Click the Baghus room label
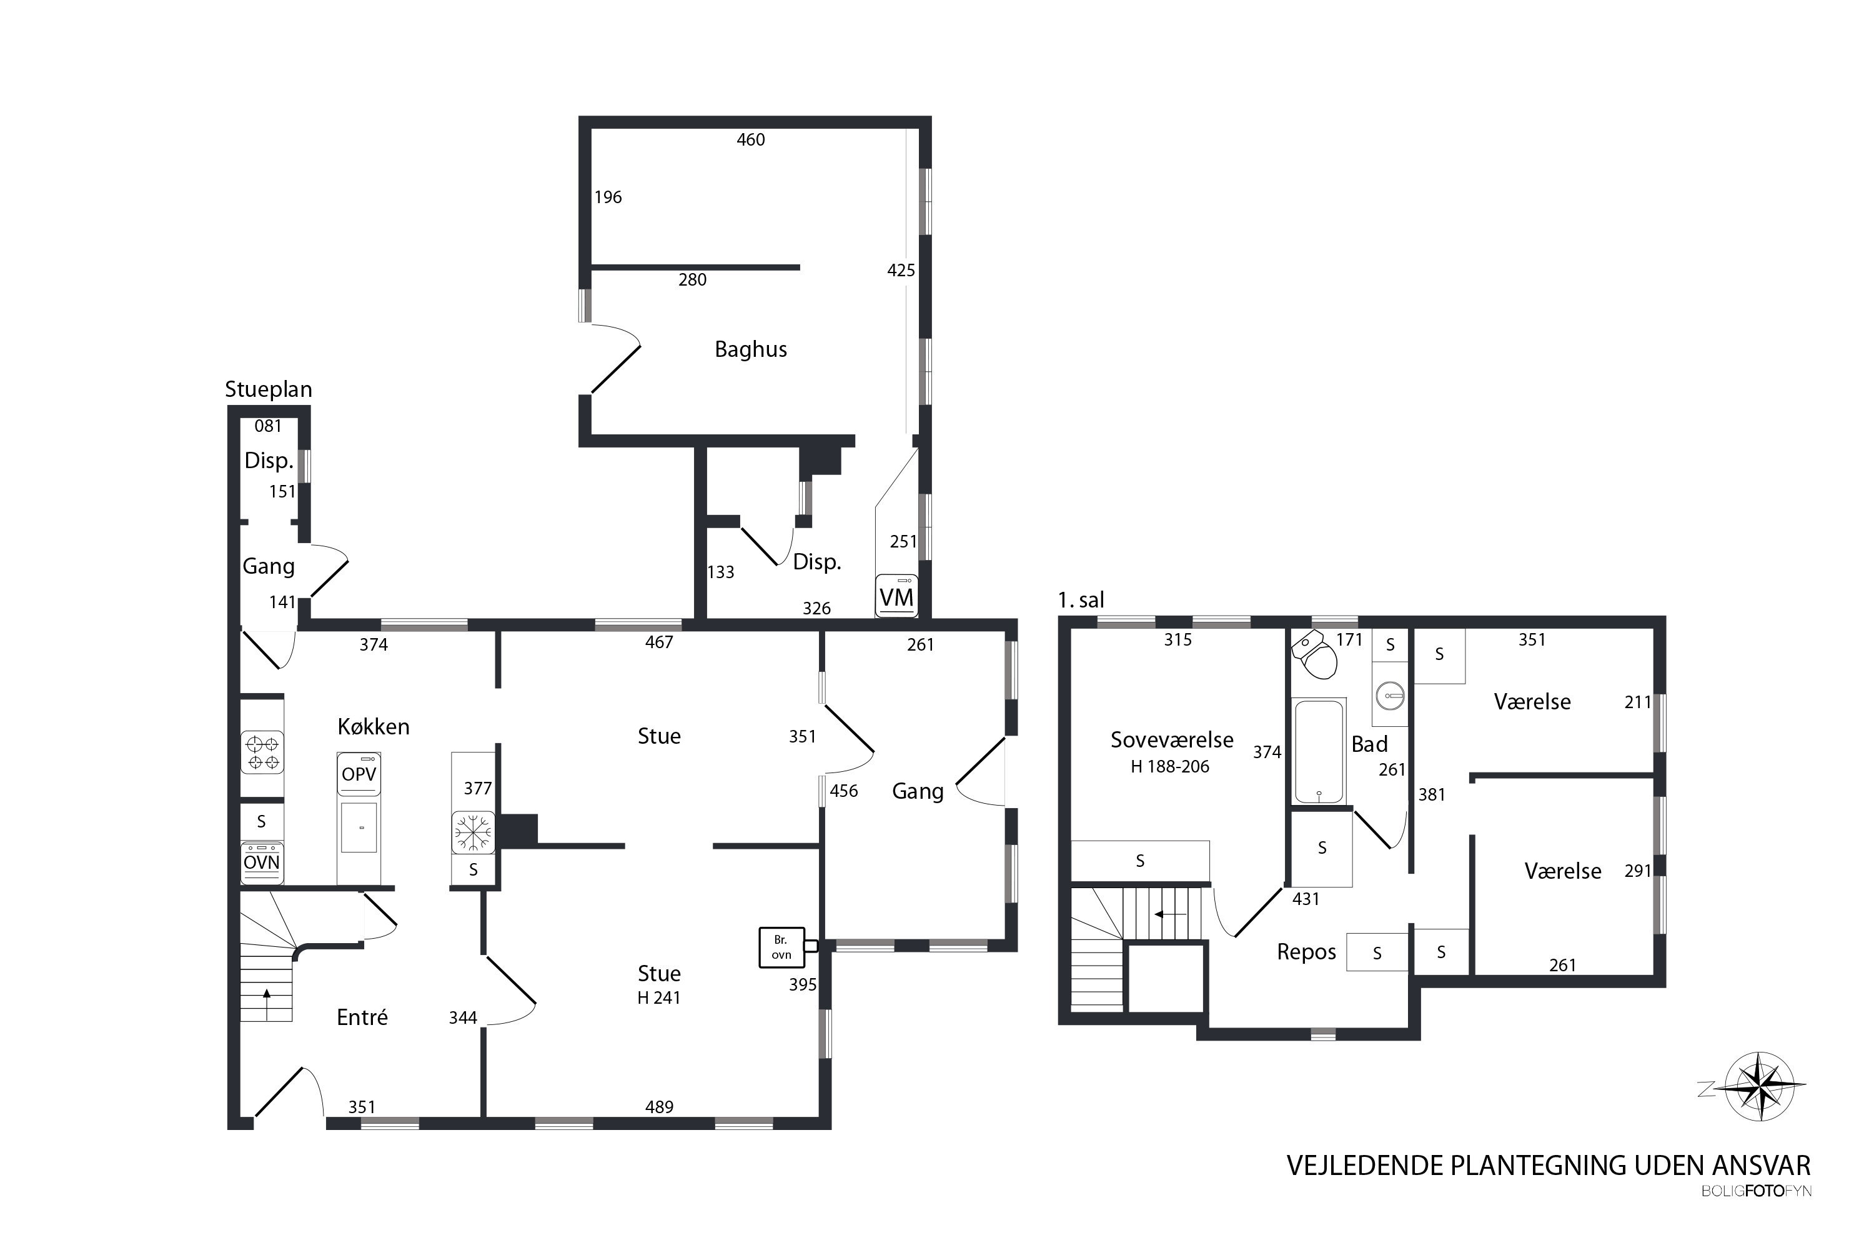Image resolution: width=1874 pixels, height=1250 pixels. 751,349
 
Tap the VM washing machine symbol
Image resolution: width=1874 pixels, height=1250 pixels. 896,596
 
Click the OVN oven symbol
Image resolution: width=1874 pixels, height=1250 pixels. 261,862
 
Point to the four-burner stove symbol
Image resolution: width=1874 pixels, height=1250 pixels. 262,753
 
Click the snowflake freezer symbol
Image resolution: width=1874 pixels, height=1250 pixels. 473,833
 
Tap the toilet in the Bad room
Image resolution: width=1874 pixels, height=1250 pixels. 1315,655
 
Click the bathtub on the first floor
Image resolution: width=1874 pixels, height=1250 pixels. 1319,752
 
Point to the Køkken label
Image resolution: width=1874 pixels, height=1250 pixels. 374,727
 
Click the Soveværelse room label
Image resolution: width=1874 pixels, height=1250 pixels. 1172,741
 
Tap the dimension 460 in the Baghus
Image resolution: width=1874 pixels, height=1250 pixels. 751,140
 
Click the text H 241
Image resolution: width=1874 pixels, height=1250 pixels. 659,998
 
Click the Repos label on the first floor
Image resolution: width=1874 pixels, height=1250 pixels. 1307,952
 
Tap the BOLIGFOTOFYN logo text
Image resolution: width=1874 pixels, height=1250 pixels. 1756,1192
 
